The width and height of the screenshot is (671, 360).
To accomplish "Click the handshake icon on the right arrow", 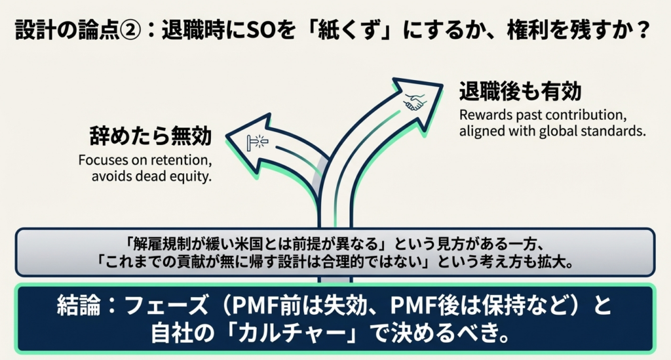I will [x=415, y=102].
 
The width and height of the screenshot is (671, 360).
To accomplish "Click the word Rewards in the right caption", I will [x=482, y=114].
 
